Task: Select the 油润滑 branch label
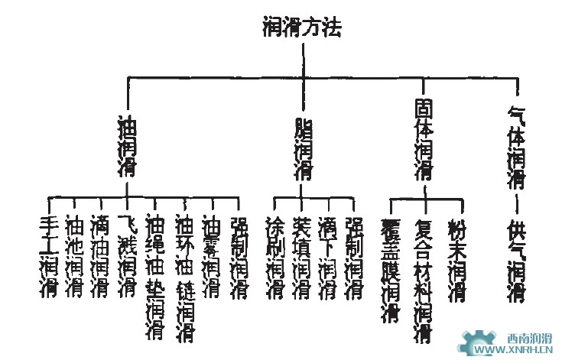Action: (x=126, y=146)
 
